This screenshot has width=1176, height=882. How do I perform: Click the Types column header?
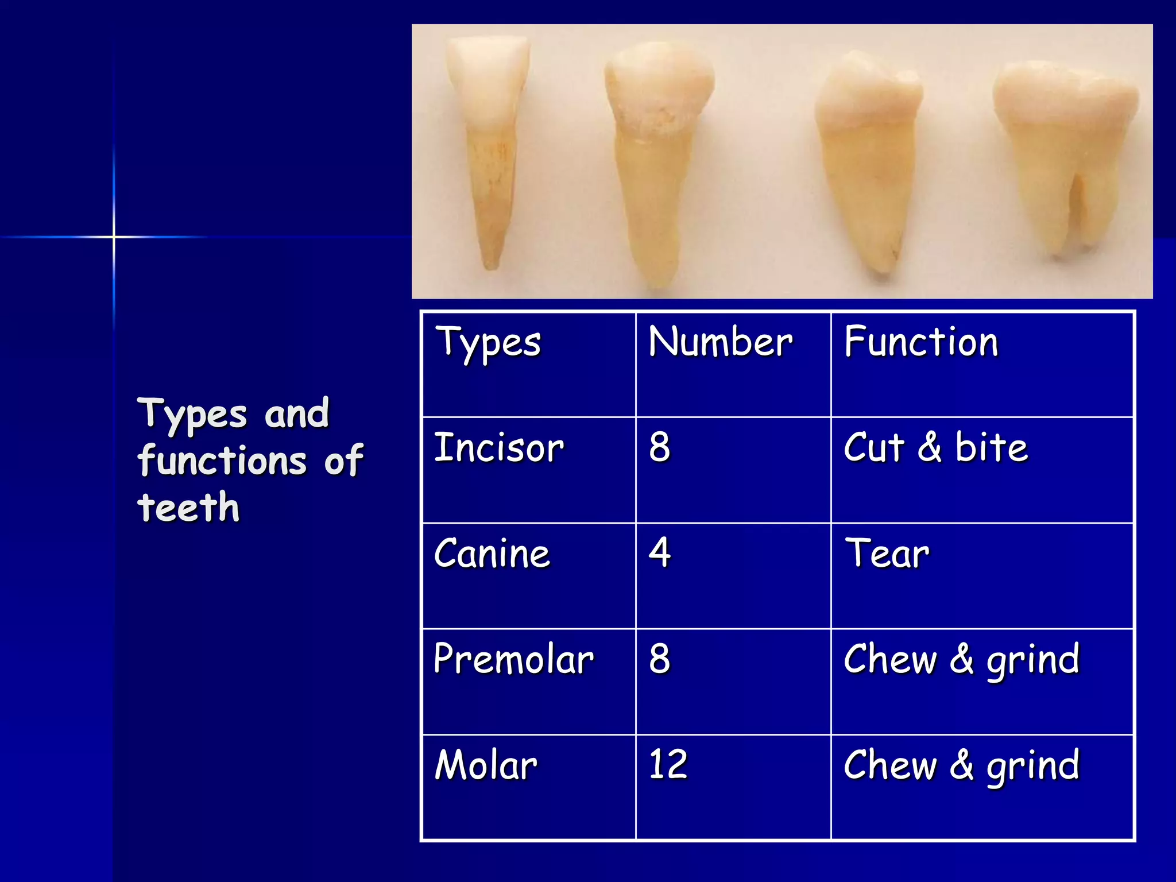[488, 343]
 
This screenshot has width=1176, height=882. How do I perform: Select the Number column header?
[720, 342]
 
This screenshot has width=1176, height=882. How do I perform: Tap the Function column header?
[921, 342]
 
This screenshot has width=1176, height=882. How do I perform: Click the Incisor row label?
[499, 448]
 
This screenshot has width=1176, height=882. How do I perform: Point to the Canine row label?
[492, 554]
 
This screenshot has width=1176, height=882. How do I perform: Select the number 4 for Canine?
[660, 552]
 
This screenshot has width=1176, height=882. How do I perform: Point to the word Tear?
[887, 554]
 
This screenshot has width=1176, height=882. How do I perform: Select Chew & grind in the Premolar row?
[962, 660]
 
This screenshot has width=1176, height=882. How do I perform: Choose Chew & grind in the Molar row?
[962, 766]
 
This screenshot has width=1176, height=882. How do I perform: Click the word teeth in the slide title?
[188, 508]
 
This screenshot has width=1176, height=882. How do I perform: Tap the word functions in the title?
[222, 461]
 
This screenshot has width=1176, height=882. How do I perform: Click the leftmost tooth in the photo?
[489, 144]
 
